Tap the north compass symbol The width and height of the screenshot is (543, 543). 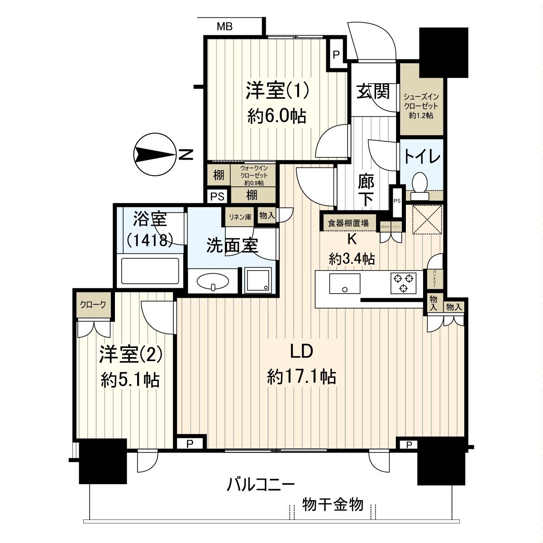[x=156, y=155]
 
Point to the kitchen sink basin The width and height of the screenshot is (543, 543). [x=345, y=284]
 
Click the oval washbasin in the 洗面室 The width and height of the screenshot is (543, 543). [x=213, y=282]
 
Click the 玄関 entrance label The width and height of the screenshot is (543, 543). [x=372, y=92]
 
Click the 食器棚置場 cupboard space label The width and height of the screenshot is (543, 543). [x=348, y=223]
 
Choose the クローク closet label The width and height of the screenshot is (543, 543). [x=93, y=305]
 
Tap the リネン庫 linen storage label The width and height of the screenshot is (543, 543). [x=240, y=216]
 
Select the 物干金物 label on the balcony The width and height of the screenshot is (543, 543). [x=333, y=504]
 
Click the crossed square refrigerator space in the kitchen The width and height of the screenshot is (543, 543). [x=427, y=220]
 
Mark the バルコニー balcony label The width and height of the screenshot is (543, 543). [x=261, y=486]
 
